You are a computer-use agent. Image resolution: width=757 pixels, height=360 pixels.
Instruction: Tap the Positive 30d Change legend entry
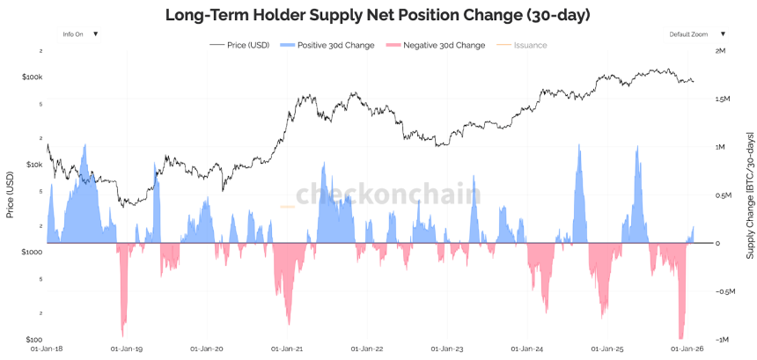click(x=327, y=45)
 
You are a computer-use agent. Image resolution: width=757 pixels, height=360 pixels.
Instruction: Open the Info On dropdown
click(x=80, y=33)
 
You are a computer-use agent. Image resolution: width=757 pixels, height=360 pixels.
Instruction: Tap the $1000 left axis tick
click(x=32, y=251)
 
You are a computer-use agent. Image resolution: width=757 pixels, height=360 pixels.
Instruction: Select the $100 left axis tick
click(x=33, y=338)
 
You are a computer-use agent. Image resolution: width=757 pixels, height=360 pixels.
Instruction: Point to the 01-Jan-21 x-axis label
click(x=287, y=349)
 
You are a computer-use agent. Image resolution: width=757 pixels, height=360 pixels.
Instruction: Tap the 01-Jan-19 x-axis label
click(x=127, y=349)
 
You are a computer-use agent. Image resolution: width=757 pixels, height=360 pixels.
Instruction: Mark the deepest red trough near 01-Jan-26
click(x=680, y=337)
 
